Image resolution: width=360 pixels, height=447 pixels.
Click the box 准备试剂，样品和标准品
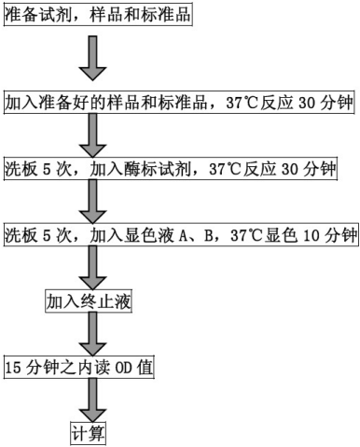pos(97,17)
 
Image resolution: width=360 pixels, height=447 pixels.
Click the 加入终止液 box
pos(90,300)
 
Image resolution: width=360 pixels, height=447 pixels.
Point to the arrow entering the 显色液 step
pos(90,203)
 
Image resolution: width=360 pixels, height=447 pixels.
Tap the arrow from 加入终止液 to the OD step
pos(90,334)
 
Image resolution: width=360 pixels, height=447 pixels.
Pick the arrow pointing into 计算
pos(90,401)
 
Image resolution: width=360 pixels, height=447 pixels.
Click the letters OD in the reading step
pos(121,368)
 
